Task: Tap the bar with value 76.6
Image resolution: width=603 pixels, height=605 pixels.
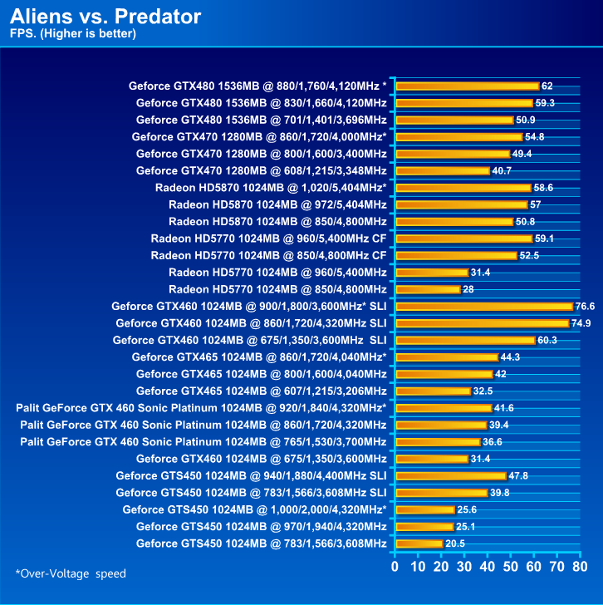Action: (x=484, y=306)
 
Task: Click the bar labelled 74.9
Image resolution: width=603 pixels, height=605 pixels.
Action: (x=482, y=323)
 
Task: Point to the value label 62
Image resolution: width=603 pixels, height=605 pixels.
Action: (x=547, y=86)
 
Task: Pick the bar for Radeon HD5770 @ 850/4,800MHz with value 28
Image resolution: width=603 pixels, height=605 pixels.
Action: (x=429, y=289)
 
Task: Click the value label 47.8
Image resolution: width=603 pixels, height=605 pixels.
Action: (x=518, y=476)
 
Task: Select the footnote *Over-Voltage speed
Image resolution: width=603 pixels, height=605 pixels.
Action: (x=71, y=573)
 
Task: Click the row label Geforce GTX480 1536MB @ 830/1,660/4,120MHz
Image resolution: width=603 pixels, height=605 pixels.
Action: (x=261, y=102)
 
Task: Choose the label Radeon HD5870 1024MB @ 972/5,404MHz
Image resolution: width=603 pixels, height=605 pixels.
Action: (x=277, y=204)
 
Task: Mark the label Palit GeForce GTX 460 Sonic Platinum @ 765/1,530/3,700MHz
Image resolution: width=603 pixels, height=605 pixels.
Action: (x=203, y=442)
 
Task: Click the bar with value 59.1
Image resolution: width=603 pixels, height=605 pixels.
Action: (x=463, y=239)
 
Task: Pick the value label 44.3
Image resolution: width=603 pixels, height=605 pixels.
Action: (x=510, y=357)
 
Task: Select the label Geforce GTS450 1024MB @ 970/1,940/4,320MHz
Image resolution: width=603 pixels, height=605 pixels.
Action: (x=261, y=527)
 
